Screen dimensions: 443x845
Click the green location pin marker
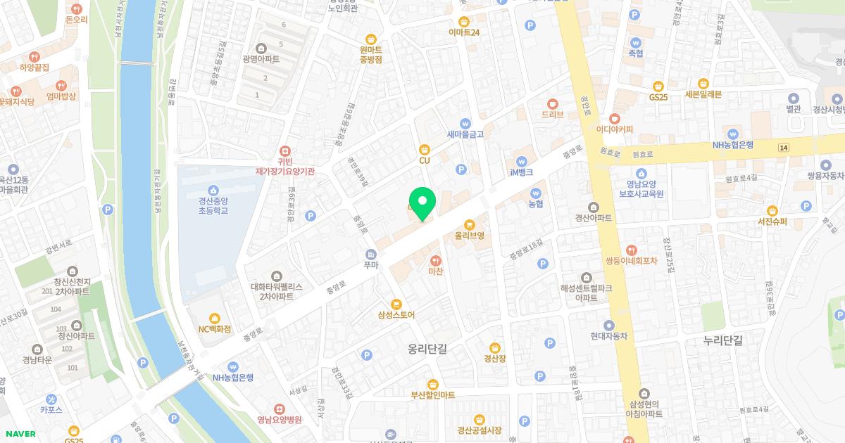coord(423,203)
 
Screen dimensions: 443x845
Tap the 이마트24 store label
coord(464,32)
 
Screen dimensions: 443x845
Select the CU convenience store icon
coord(424,148)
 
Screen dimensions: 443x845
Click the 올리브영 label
coord(470,236)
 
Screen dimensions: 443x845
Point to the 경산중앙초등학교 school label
coord(213,205)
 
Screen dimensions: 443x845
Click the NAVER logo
coord(19,434)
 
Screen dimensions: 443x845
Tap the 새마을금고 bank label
coord(465,134)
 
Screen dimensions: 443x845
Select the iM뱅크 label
coord(521,172)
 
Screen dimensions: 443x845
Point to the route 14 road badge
coord(784,147)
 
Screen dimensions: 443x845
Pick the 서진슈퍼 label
coord(772,222)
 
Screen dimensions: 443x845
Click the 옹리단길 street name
coord(427,348)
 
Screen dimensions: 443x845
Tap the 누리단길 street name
coord(723,340)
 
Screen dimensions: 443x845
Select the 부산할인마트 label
coord(433,394)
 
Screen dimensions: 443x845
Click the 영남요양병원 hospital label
coord(280,420)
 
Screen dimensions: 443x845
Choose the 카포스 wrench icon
coord(51,398)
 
